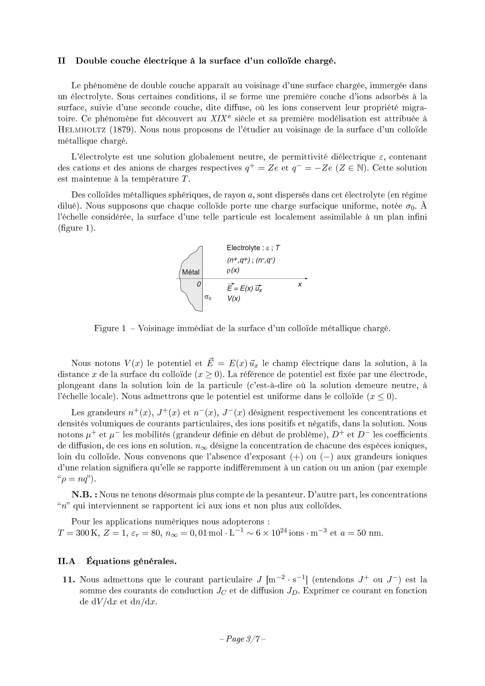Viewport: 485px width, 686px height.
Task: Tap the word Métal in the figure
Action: [191, 272]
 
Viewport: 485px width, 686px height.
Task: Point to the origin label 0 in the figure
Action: [199, 284]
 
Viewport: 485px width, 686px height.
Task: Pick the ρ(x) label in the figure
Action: [233, 271]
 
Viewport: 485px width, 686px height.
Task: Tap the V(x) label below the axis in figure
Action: [234, 298]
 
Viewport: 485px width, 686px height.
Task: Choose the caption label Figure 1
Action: [110, 328]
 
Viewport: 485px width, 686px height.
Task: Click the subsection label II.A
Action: [66, 561]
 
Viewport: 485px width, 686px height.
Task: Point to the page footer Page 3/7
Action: [242, 639]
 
